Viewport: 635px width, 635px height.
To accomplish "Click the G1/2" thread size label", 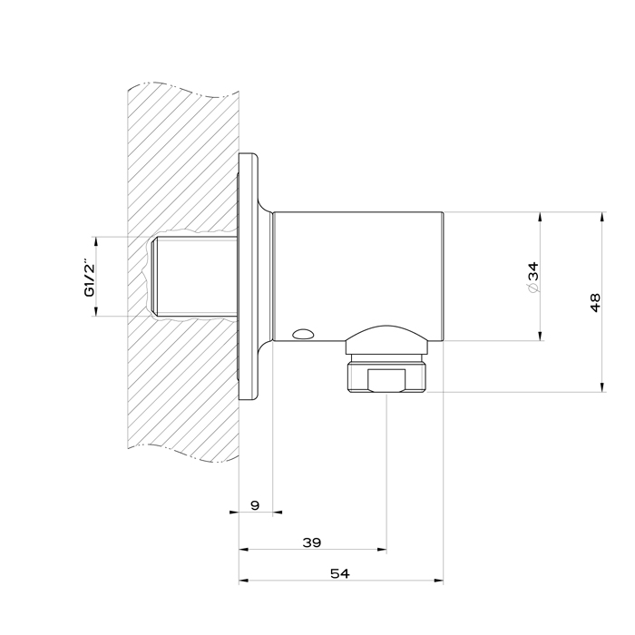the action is pos(90,278).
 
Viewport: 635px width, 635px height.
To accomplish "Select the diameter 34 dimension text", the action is pos(533,277).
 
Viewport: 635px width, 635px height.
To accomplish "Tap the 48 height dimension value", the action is pos(595,302).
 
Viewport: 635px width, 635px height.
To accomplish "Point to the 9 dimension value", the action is pos(255,505).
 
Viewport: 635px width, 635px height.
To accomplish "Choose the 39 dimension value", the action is pos(312,542).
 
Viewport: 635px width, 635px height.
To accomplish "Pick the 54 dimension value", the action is pos(340,573).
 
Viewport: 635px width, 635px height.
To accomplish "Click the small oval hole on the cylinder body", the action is pos(303,334).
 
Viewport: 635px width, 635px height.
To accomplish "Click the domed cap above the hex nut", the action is pos(386,339).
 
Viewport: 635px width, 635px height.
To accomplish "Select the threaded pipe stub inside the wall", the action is pos(193,276).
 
